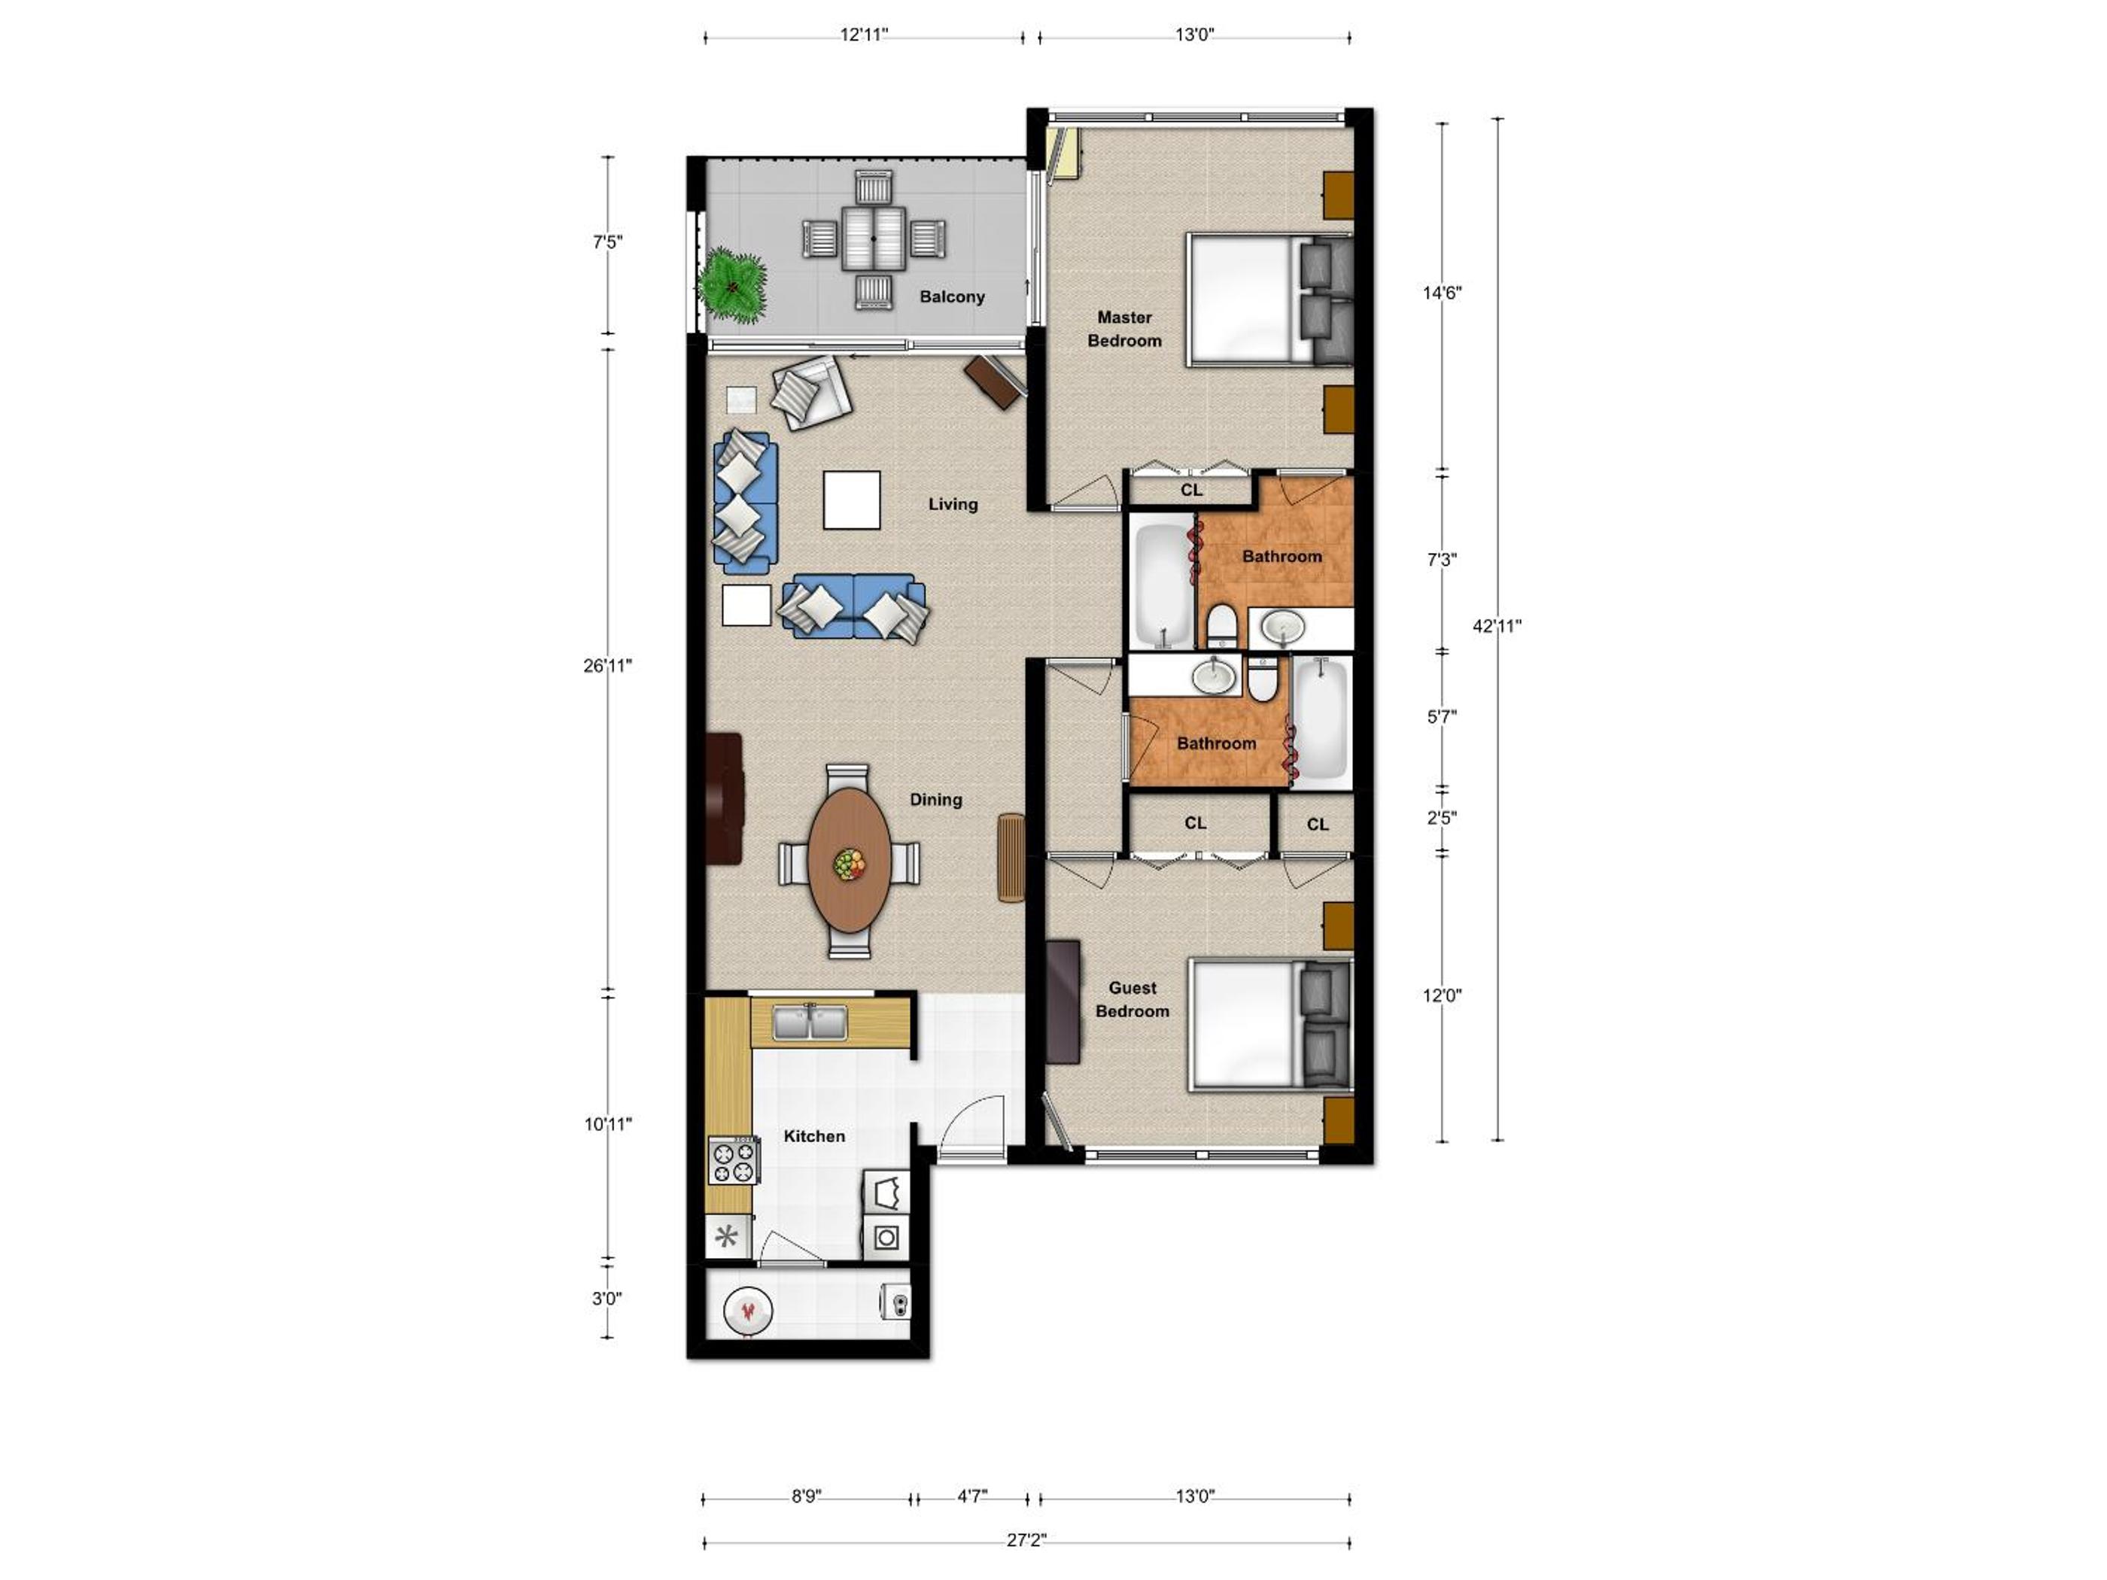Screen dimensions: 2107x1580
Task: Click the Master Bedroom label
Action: tap(1124, 329)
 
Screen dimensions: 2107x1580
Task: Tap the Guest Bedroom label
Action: tap(1132, 999)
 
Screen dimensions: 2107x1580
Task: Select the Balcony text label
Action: tap(952, 296)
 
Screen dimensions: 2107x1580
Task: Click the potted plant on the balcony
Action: tap(731, 284)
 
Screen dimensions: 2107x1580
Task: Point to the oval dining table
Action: tap(850, 860)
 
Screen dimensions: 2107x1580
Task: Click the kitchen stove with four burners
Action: tap(732, 1161)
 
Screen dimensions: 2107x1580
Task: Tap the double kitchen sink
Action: tap(810, 1022)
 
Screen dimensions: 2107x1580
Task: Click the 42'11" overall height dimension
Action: tap(1497, 626)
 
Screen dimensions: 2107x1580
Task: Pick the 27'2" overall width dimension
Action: tap(1026, 1540)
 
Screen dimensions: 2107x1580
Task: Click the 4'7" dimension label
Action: tap(971, 1496)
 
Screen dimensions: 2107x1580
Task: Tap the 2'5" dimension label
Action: tap(1441, 817)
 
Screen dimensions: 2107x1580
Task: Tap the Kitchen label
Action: tap(813, 1135)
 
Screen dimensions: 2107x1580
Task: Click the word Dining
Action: tap(935, 799)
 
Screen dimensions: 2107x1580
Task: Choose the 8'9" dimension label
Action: tap(806, 1496)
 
